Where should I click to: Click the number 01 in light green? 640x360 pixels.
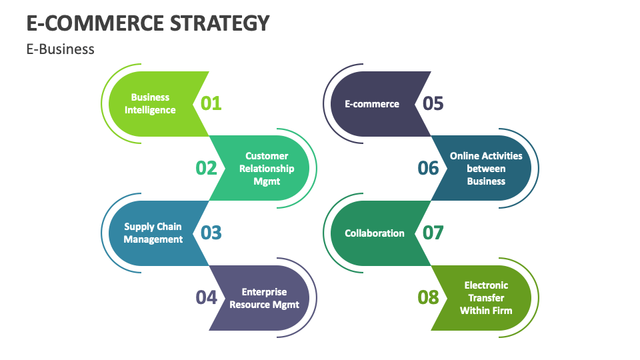pos(211,103)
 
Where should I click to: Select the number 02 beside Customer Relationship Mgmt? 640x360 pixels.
pos(207,168)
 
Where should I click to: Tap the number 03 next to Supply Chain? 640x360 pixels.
pos(211,233)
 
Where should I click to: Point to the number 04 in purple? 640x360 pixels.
pos(207,297)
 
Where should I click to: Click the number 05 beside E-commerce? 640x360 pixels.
pos(433,103)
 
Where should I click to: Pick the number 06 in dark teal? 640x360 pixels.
pos(429,168)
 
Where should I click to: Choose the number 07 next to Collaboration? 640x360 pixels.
pos(433,233)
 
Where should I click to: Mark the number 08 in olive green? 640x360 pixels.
pos(429,297)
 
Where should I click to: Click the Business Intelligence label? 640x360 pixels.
pos(150,103)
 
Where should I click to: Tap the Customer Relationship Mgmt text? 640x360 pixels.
pos(267,168)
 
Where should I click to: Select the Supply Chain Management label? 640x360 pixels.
pos(153,233)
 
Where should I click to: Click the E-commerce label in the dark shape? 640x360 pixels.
pos(372,104)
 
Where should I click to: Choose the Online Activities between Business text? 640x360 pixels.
pos(486,168)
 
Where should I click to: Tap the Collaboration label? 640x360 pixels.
pos(375,233)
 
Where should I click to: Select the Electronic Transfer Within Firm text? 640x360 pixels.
pos(486,298)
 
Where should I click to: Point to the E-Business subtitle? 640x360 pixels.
pos(61,49)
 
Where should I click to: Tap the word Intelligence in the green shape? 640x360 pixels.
pos(150,110)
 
